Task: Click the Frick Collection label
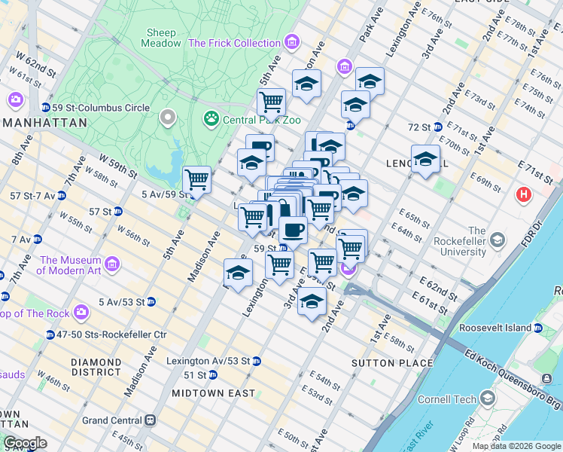click(234, 43)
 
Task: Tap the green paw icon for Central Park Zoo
click(211, 119)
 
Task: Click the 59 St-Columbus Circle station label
click(100, 108)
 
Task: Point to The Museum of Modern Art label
click(70, 265)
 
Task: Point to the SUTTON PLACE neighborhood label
click(392, 363)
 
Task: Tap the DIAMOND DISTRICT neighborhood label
click(96, 367)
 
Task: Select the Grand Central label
click(113, 420)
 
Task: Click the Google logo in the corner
click(25, 443)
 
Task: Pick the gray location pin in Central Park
click(167, 118)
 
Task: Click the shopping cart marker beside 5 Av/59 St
click(196, 181)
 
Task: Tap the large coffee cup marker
click(293, 231)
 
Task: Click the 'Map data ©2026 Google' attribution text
click(516, 446)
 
